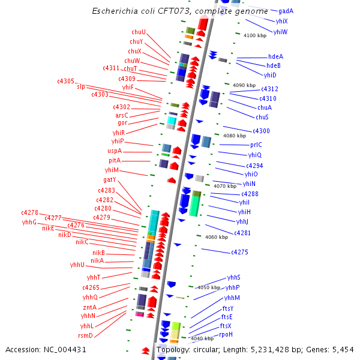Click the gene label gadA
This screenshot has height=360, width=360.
[286, 11]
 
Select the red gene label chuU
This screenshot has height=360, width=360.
[139, 32]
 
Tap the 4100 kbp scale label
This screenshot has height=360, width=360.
[254, 35]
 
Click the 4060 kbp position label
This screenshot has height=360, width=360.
[217, 237]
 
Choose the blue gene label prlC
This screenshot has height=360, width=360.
[256, 145]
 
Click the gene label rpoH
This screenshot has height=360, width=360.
[226, 334]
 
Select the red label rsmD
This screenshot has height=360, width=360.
[86, 335]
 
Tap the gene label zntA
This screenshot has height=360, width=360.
[89, 307]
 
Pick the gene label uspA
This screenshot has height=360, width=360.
[114, 151]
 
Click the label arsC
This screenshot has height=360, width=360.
[122, 115]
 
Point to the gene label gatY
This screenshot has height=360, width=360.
[110, 179]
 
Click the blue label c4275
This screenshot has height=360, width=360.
[239, 253]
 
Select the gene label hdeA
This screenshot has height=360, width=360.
[275, 56]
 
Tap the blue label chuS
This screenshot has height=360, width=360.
[262, 117]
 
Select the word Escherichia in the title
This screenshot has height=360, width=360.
[113, 11]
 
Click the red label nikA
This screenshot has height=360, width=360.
[97, 260]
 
